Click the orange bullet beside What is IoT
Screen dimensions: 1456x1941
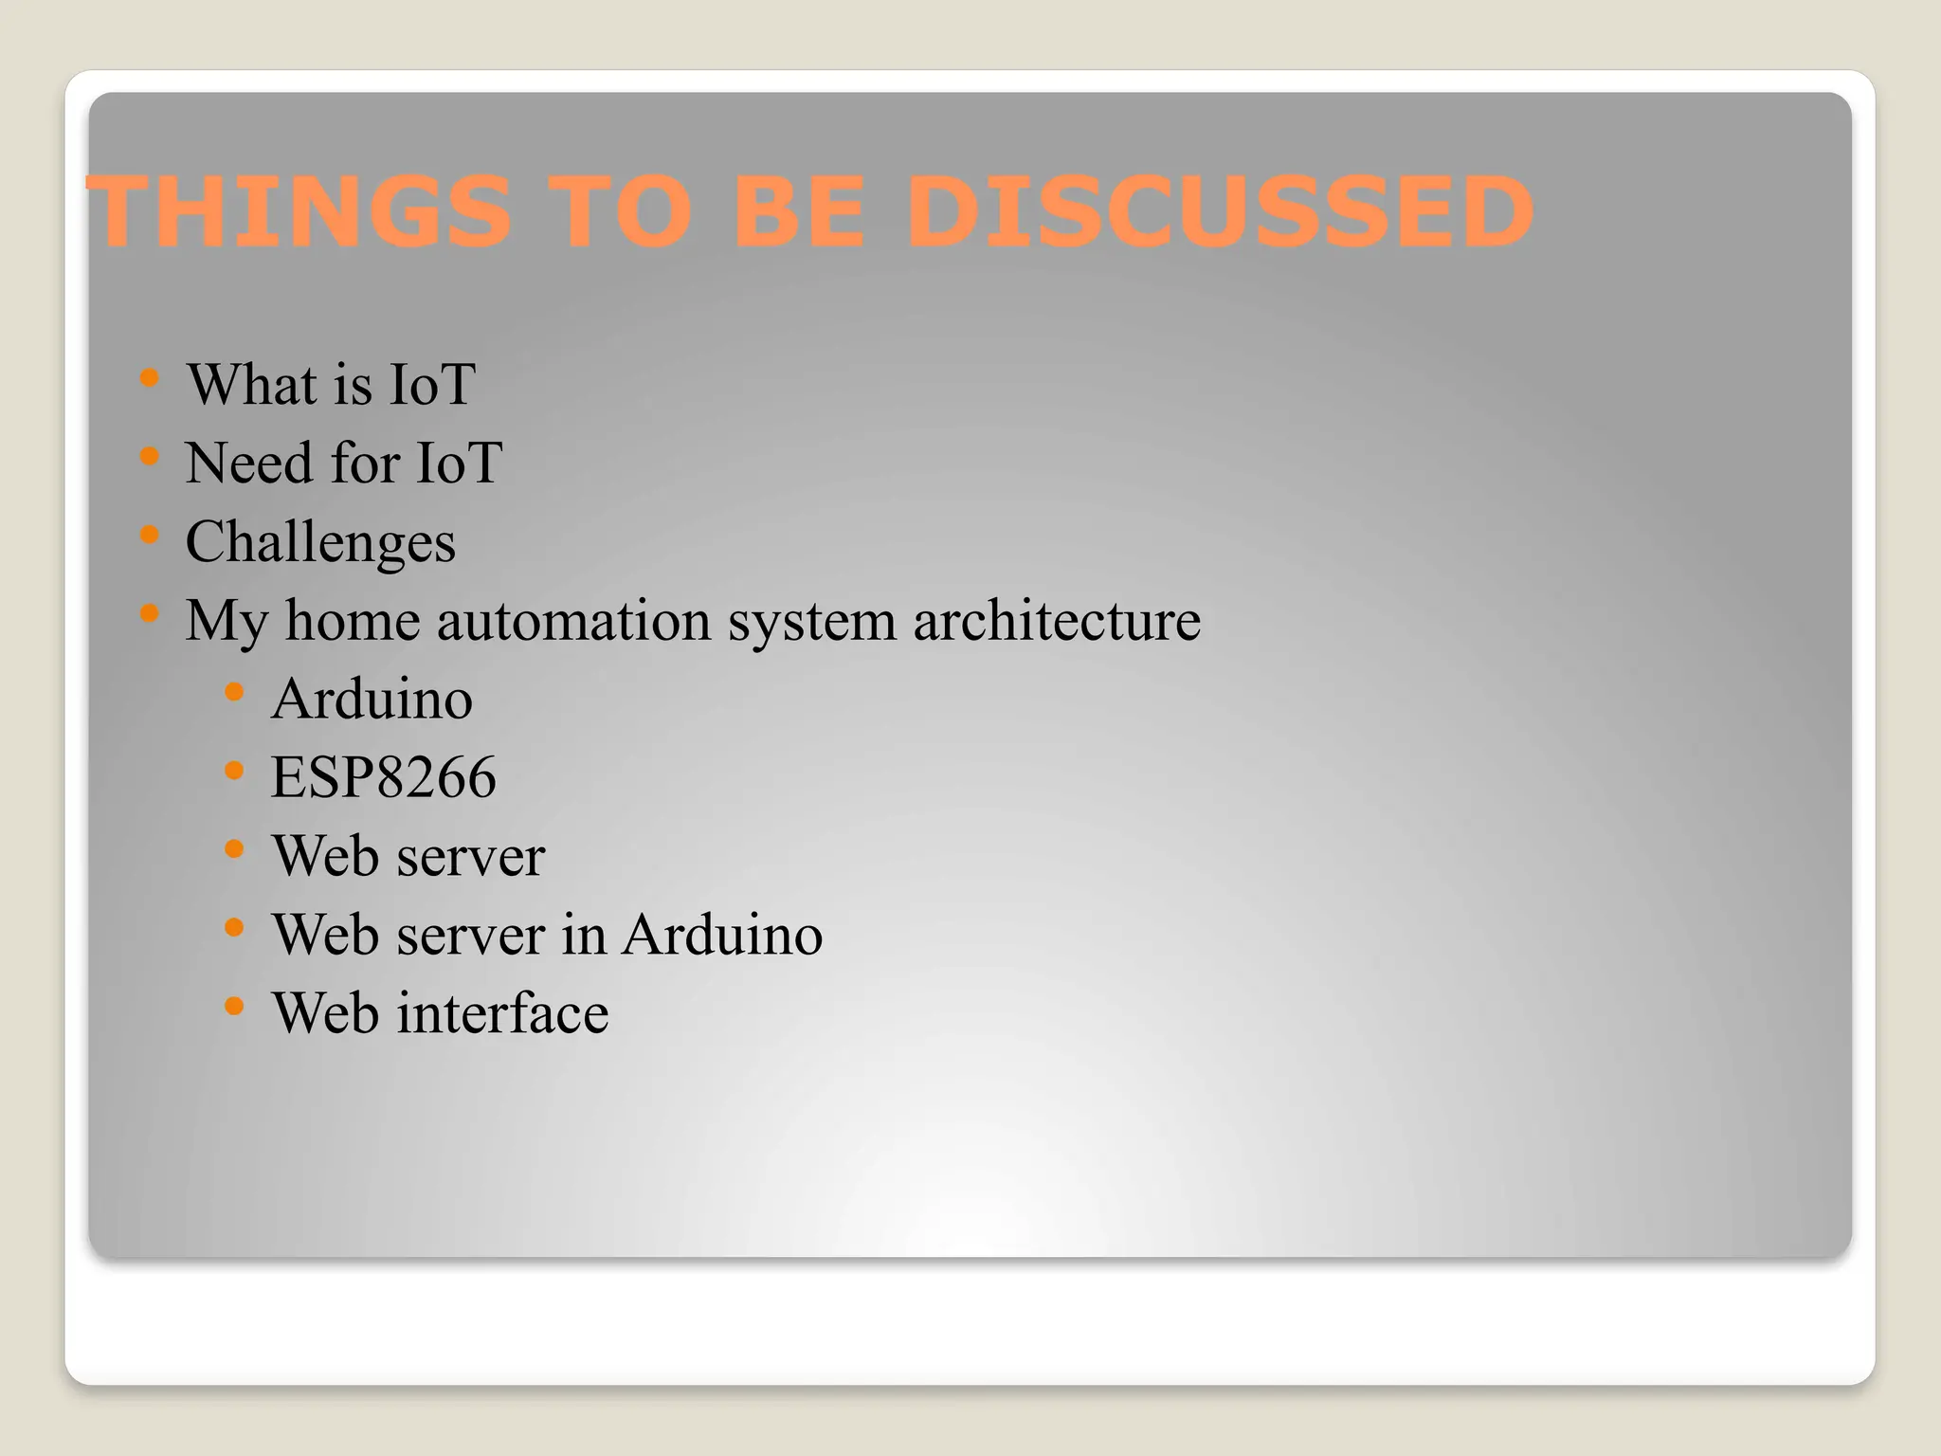pos(149,379)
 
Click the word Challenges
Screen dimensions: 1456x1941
pos(320,542)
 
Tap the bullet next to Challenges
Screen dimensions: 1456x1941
pos(149,536)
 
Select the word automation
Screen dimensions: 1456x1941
pos(573,621)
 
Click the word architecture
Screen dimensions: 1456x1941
pos(1057,621)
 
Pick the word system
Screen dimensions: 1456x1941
pos(811,623)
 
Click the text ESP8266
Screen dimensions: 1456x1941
pos(383,778)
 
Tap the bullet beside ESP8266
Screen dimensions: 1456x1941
pos(235,771)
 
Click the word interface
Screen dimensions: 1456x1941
pos(502,1013)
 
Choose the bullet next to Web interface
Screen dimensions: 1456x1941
pos(235,1006)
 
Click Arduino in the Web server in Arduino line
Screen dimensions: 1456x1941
pos(722,936)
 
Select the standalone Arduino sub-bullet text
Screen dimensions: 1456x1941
pos(372,700)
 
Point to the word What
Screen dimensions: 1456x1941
pos(251,385)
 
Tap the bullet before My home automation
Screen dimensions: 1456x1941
pos(149,614)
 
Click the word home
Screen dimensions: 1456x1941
pos(353,621)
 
